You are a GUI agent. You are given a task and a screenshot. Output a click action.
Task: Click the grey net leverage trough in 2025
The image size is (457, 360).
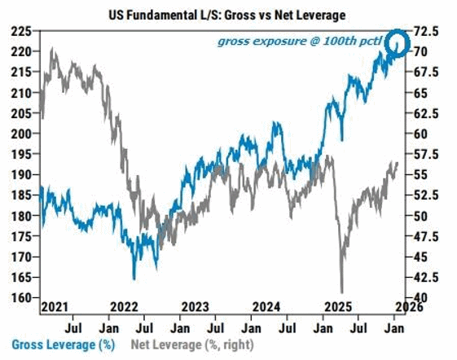click(342, 291)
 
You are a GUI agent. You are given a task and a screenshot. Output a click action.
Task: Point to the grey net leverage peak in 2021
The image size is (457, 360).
click(53, 50)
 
